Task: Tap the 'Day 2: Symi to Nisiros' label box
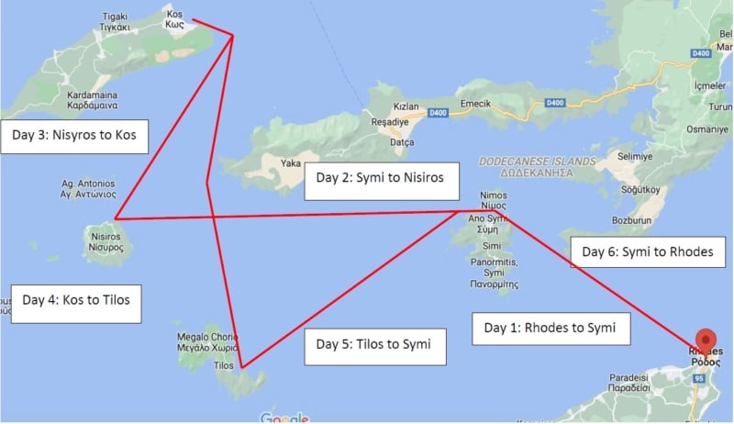tap(381, 179)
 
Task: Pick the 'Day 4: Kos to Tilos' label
tap(76, 301)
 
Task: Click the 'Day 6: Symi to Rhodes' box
tap(641, 251)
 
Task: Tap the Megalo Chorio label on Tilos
tap(207, 342)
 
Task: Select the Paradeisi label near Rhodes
tap(637, 381)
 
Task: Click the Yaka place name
tap(291, 164)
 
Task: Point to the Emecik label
tap(478, 103)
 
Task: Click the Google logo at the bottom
tap(284, 418)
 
